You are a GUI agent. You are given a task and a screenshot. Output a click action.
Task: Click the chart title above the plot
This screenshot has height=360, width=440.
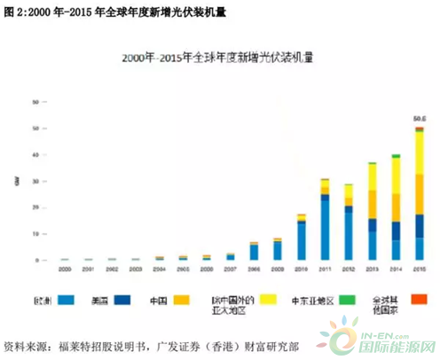221,56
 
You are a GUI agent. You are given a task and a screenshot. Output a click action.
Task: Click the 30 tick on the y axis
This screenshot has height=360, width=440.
34,182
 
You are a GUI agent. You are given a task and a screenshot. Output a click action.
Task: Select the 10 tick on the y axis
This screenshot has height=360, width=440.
34,234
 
